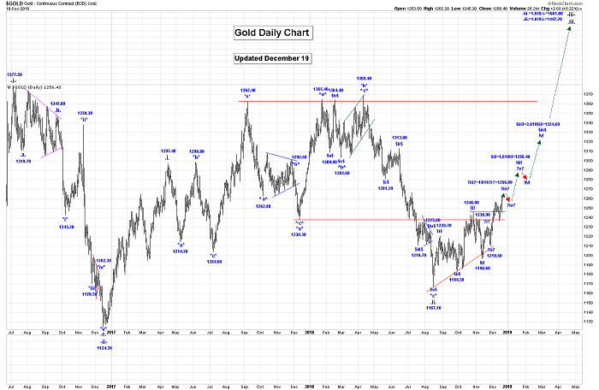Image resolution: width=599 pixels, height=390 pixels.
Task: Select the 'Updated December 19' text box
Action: pos(272,59)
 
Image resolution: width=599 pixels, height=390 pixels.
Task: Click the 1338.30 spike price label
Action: pos(85,113)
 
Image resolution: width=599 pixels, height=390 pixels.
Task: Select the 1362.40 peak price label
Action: pos(246,91)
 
